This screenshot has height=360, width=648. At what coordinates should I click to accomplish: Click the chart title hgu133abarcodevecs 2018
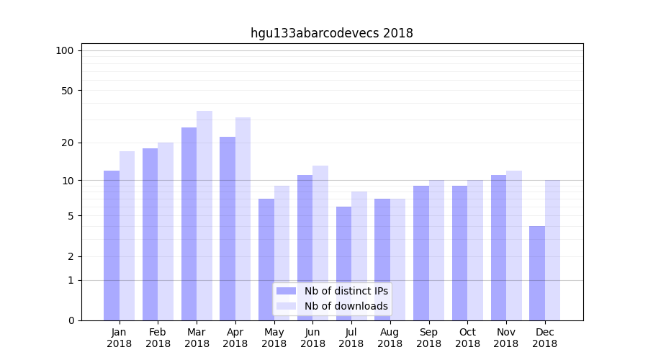(x=331, y=33)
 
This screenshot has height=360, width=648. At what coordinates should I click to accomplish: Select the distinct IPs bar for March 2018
(x=189, y=223)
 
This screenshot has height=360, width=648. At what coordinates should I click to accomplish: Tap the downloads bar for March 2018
(x=204, y=215)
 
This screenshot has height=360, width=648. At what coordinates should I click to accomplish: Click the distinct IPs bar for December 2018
(x=537, y=273)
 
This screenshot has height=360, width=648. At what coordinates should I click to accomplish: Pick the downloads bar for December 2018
(x=552, y=250)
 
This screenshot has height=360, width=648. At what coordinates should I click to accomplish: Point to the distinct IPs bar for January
(x=112, y=245)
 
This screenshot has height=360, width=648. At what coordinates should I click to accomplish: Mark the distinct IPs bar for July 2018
(x=343, y=263)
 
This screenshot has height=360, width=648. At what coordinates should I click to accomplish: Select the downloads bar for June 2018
(x=320, y=243)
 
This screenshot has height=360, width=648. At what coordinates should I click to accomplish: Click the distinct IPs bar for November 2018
(x=498, y=247)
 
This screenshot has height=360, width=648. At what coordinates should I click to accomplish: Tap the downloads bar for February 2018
(x=166, y=231)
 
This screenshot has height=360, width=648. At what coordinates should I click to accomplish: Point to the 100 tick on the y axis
(x=65, y=50)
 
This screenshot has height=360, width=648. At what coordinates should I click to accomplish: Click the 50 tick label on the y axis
(x=67, y=91)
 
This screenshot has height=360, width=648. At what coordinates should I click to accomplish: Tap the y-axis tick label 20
(x=67, y=143)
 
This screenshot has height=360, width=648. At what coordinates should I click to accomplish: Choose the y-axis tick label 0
(x=70, y=320)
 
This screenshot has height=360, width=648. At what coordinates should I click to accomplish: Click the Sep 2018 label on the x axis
(x=428, y=338)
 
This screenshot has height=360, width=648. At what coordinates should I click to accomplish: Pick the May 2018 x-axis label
(x=274, y=338)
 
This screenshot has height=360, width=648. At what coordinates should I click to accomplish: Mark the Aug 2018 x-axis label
(x=390, y=338)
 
